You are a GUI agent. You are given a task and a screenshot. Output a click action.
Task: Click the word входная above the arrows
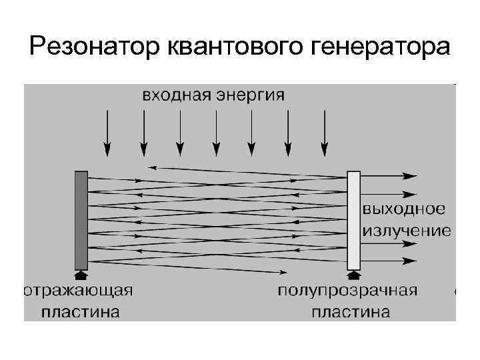pos(175,95)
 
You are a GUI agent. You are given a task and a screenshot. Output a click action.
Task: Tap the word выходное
pos(403,209)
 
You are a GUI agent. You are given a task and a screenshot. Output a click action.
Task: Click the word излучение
pos(406,231)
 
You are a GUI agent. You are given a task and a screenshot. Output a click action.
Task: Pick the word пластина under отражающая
pos(81,311)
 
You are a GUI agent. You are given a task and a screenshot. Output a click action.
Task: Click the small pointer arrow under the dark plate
pos(81,274)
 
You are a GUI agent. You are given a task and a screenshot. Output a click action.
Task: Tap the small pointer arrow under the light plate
pos(353,274)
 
